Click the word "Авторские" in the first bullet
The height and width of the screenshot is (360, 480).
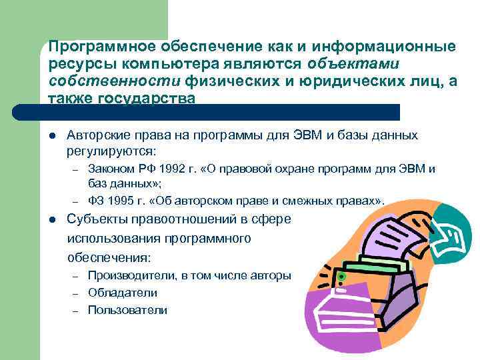[x=93, y=135]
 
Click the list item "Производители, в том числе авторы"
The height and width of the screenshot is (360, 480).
[x=189, y=275]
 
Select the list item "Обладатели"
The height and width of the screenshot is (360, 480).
[x=123, y=292]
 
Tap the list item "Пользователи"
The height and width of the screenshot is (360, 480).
[x=127, y=310]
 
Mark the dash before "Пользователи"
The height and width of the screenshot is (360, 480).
[x=77, y=311]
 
